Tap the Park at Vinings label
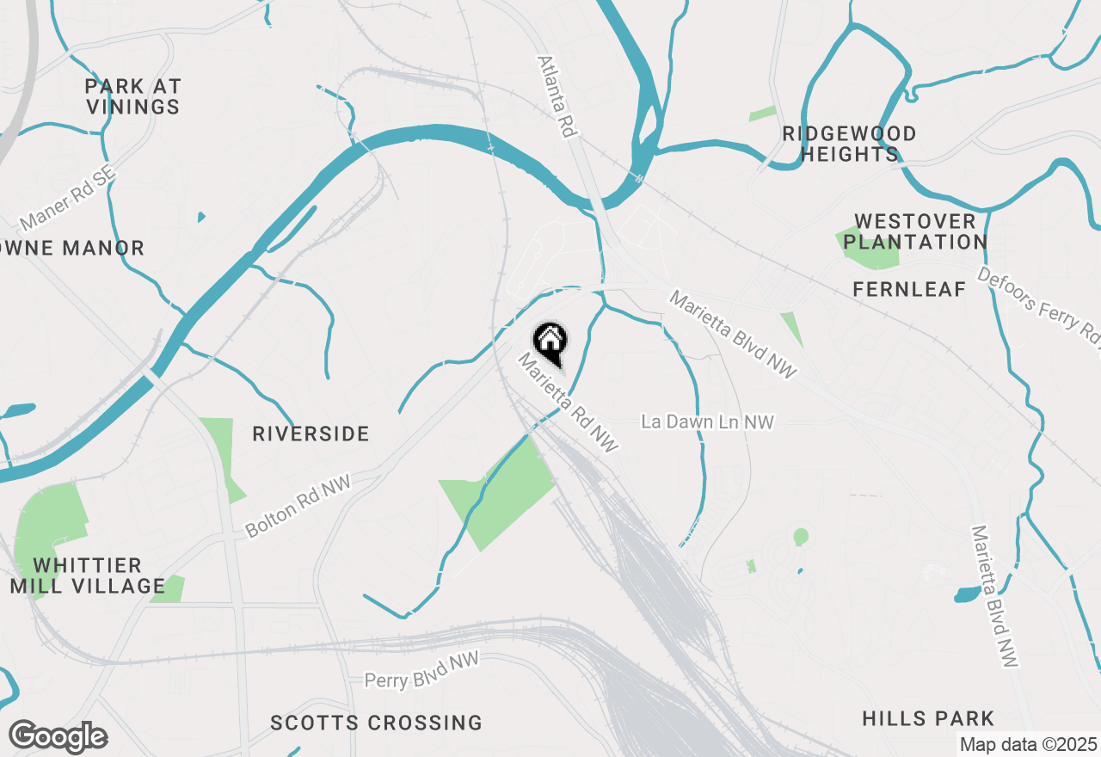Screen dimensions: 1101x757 (132, 96)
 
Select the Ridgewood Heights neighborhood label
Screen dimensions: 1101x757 (849, 144)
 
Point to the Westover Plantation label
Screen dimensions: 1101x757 (915, 231)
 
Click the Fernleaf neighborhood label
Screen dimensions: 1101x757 (909, 290)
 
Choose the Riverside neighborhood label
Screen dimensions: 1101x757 (311, 434)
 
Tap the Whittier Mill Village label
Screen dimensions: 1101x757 (88, 575)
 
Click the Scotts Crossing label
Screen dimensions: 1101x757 (376, 723)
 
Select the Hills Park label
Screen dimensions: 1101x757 (928, 718)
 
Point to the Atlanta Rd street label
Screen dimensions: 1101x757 (556, 96)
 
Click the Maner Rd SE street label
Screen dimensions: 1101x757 (66, 199)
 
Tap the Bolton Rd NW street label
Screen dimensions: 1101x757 (298, 508)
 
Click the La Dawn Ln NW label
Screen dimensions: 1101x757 (707, 422)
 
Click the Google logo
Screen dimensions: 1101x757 (58, 737)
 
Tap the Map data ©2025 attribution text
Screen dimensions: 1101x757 (1028, 744)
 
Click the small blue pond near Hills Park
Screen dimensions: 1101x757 (967, 594)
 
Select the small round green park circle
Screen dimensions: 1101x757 (801, 537)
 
